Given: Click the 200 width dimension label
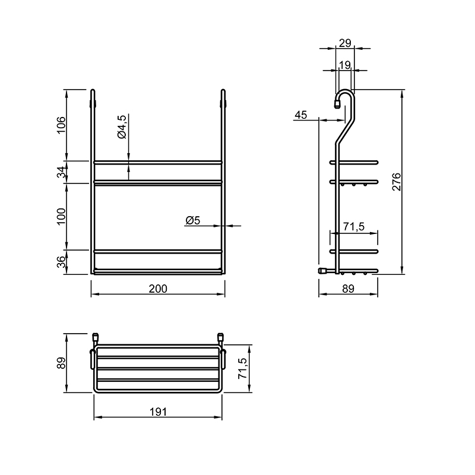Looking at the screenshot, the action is point(158,289).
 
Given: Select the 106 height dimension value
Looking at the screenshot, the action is point(61,125).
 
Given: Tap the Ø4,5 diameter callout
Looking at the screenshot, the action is point(122,126).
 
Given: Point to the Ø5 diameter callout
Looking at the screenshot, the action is point(192,220).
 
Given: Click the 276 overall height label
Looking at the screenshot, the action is point(396,182).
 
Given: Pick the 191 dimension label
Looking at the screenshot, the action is point(158,412).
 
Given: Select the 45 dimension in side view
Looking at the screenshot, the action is point(301,115).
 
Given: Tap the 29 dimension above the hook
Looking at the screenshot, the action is point(345,43).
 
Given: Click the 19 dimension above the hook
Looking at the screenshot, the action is point(345,65).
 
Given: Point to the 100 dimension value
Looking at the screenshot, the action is point(61,217).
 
